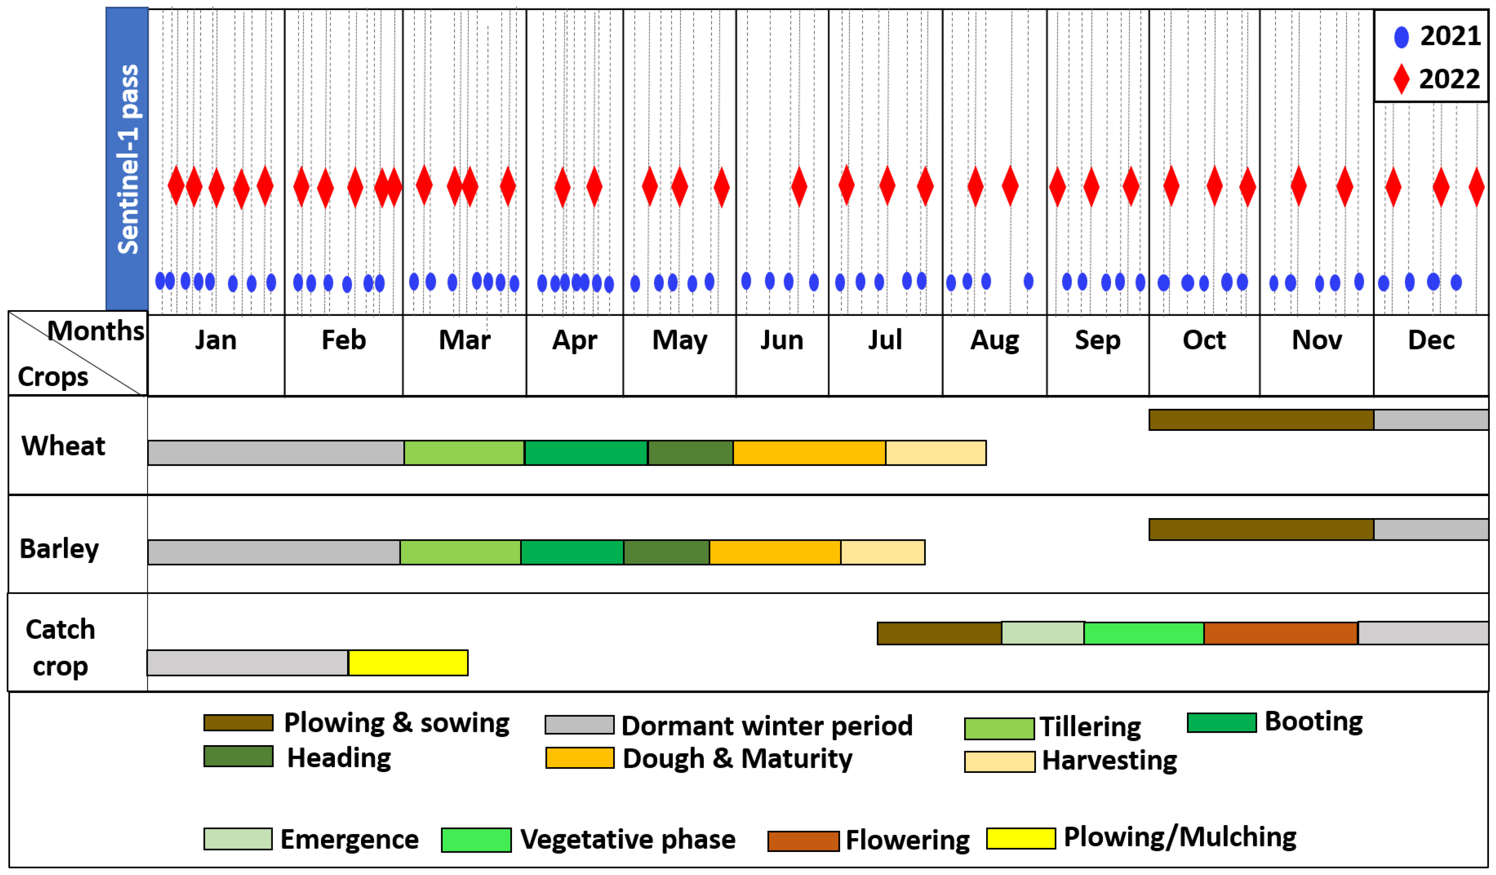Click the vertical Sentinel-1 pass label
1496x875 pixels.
(x=127, y=159)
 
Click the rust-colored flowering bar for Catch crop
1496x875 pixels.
(x=1281, y=633)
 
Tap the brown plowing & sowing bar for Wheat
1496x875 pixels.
(x=1261, y=419)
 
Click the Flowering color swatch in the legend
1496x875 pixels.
(x=803, y=840)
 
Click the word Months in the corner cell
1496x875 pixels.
(x=95, y=330)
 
